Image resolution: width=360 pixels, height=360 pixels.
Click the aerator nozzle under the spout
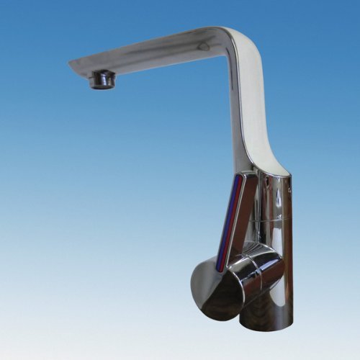102,78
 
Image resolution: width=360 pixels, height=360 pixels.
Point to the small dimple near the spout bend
204,47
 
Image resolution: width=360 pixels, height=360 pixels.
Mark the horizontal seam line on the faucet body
277,215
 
